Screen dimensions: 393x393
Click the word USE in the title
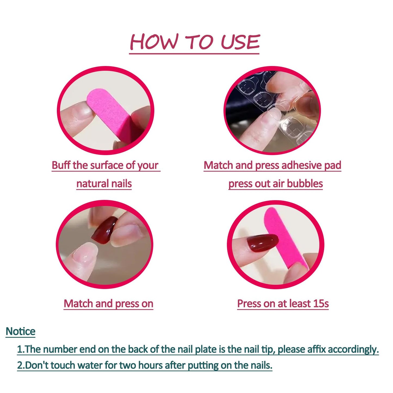click(x=240, y=42)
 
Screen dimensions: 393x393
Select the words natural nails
click(x=104, y=184)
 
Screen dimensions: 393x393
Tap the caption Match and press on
click(x=109, y=304)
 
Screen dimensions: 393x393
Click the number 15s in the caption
click(x=321, y=304)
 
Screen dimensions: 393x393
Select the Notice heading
click(x=21, y=331)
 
